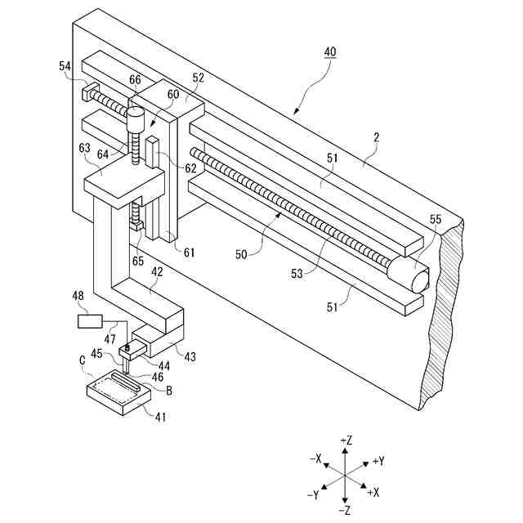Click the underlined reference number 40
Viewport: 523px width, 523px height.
point(329,51)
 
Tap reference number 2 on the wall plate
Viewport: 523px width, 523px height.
point(377,140)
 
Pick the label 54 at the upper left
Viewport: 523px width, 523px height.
point(65,66)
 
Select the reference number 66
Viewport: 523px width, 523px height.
point(135,79)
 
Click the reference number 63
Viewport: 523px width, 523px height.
point(83,149)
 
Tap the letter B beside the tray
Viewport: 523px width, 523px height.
point(169,391)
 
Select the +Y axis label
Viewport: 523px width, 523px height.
point(378,461)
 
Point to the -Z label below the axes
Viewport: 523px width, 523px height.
point(346,510)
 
